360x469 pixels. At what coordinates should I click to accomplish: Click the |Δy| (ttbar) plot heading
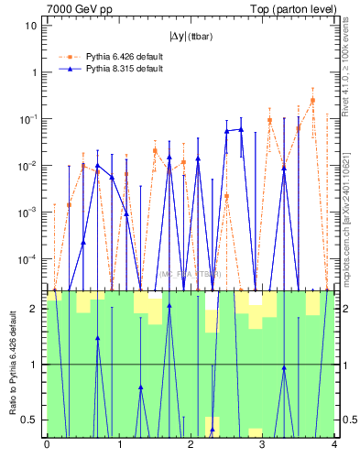pyautogui.click(x=189, y=38)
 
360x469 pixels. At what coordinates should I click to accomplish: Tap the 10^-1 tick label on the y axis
pyautogui.click(x=29, y=119)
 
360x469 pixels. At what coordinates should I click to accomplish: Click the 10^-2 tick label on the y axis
pyautogui.click(x=29, y=166)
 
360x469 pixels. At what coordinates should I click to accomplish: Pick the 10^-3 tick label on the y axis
pyautogui.click(x=29, y=213)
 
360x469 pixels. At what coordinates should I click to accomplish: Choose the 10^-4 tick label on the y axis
pyautogui.click(x=29, y=259)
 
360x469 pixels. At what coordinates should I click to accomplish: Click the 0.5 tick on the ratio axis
pyautogui.click(x=31, y=420)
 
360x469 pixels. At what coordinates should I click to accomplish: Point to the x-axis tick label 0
pyautogui.click(x=47, y=446)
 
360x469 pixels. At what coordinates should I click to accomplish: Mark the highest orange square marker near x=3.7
pyautogui.click(x=312, y=101)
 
